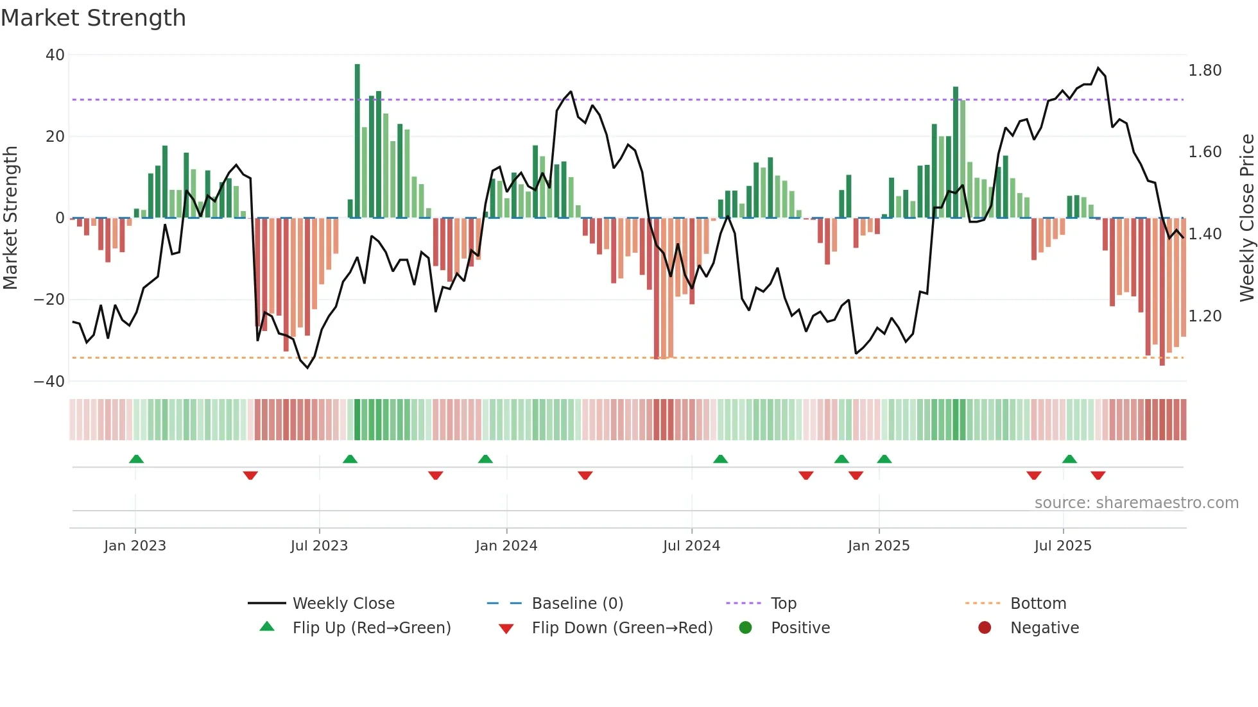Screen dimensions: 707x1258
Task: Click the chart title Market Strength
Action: tap(93, 18)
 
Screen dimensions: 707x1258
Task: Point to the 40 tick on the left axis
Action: tap(55, 55)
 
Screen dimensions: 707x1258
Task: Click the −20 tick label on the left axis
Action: tap(49, 300)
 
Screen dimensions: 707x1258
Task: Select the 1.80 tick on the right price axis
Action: tap(1205, 71)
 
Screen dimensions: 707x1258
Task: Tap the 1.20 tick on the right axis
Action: tap(1205, 316)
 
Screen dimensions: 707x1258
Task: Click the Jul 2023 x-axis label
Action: tap(319, 546)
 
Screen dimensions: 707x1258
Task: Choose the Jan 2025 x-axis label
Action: tap(879, 546)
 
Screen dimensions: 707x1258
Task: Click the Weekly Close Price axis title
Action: tap(1246, 217)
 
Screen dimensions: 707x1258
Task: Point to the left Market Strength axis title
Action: tap(10, 217)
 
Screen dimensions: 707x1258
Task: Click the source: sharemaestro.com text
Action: tap(1136, 503)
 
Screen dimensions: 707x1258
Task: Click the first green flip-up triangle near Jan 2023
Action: tap(136, 459)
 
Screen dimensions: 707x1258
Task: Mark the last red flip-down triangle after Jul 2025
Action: tap(1098, 475)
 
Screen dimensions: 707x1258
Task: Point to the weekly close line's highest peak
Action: tap(1098, 68)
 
